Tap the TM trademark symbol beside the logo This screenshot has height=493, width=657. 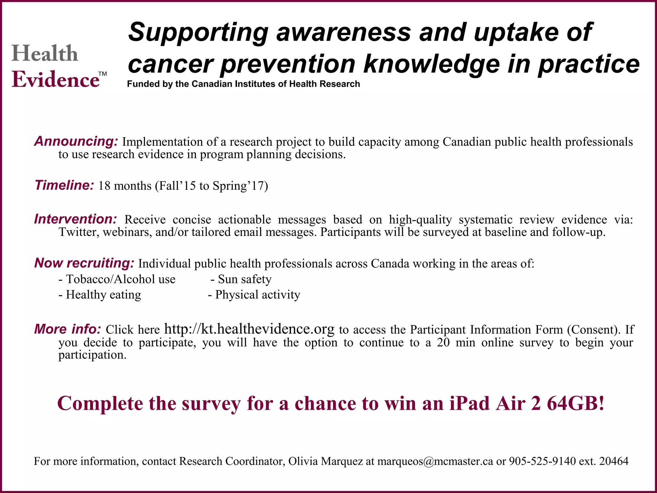coord(102,74)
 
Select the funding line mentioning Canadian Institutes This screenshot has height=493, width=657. coord(243,84)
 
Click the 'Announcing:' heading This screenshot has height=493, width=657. coord(76,141)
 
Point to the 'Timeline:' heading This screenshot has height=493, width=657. coord(64,185)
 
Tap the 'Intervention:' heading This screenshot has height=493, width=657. coord(75,219)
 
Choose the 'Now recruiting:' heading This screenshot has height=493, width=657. coord(84,263)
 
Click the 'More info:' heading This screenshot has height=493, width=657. coord(68,329)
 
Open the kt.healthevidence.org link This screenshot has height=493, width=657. coord(249,329)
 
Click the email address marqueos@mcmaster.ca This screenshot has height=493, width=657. coord(435,461)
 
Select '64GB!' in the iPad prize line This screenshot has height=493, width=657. coord(576,403)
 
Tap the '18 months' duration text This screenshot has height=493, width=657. coord(124,186)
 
